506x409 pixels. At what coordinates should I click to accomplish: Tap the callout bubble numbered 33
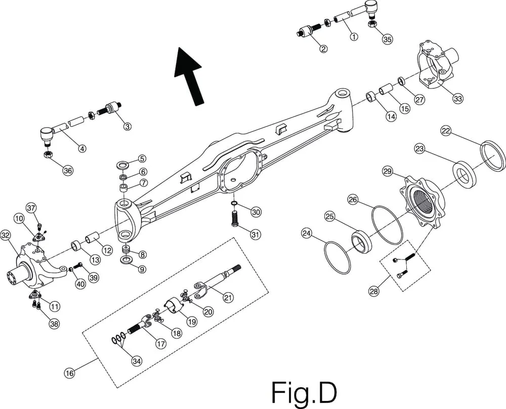(457, 99)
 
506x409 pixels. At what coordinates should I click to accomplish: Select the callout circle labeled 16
(69, 373)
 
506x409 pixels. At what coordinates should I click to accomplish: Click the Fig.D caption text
(304, 391)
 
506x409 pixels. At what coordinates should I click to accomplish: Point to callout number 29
(388, 172)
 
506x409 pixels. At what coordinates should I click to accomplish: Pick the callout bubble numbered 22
(446, 131)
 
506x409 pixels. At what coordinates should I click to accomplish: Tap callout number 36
(68, 171)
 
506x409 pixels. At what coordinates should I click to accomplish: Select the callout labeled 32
(6, 235)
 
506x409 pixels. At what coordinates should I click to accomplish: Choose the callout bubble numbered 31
(256, 235)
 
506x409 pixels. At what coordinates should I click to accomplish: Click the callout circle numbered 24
(306, 234)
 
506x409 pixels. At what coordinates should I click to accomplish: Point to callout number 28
(374, 291)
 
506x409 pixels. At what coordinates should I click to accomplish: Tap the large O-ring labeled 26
(387, 223)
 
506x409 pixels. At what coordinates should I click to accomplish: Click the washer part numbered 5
(122, 165)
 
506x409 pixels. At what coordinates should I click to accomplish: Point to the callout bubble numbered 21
(228, 298)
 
